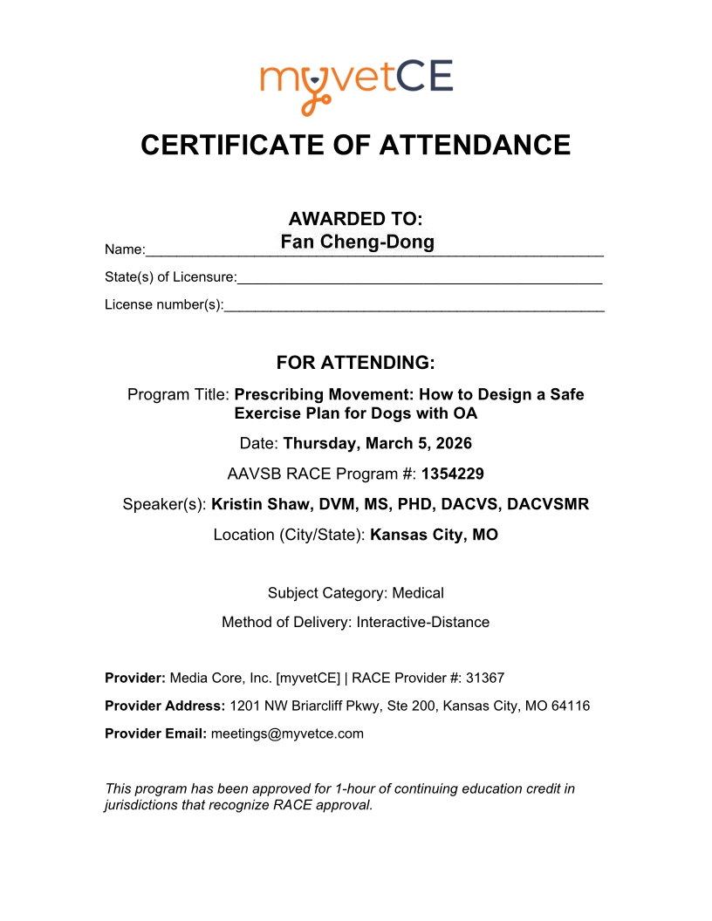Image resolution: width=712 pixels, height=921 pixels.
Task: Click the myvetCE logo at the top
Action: click(x=356, y=84)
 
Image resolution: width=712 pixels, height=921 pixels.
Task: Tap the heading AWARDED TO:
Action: click(x=356, y=218)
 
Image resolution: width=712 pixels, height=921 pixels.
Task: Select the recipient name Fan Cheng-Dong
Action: click(x=357, y=242)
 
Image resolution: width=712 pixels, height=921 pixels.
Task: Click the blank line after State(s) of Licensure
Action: click(x=419, y=277)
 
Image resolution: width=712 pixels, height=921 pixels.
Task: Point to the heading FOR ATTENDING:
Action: click(x=356, y=362)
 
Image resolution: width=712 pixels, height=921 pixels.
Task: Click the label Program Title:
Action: click(x=179, y=394)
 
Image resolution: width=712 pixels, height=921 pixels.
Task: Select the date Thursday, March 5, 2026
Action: click(x=377, y=443)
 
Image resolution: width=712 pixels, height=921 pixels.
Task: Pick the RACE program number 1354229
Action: click(x=452, y=474)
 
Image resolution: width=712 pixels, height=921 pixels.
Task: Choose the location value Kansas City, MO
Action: click(x=434, y=535)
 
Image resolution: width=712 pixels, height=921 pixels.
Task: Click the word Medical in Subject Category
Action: click(x=418, y=593)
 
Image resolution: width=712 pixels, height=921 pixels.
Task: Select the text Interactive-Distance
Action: click(x=422, y=623)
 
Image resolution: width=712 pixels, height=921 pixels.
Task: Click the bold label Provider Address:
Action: click(x=165, y=706)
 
